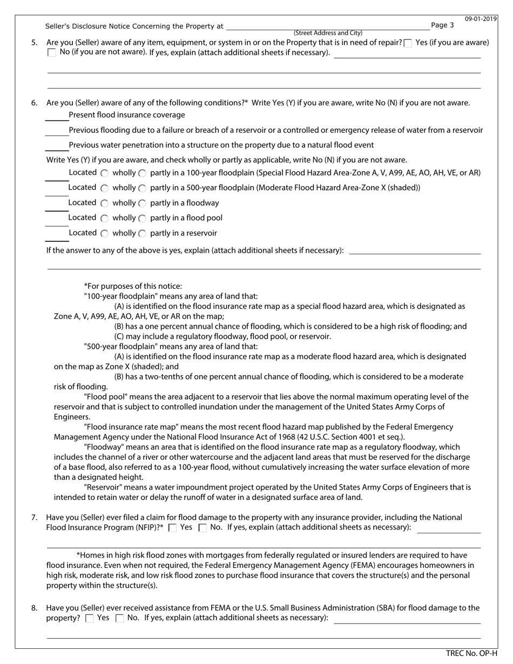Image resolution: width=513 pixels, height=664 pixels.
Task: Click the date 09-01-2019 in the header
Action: pos(481,19)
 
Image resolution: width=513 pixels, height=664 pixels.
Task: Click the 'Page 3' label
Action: pos(443,25)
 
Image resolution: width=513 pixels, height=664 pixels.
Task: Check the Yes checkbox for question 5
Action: pos(408,43)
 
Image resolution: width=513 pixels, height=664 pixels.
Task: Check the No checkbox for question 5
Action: pos(52,52)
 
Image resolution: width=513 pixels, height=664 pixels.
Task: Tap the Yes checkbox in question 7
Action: pos(173,528)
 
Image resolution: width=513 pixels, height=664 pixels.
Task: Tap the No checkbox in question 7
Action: pos(203,528)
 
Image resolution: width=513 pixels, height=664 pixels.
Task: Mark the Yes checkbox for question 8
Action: pos(90,618)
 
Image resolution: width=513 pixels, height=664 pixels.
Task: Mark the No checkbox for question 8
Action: pos(120,618)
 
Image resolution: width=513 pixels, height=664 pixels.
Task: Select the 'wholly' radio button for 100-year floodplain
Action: pos(105,173)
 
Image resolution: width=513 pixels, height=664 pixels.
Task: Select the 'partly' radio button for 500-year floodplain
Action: pos(142,188)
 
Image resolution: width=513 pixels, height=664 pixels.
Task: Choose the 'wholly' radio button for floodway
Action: pos(105,204)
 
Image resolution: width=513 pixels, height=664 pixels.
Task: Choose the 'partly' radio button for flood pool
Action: pos(142,219)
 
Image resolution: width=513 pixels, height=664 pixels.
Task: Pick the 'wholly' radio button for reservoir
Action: pos(105,234)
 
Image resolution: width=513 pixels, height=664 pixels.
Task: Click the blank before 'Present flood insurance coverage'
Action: pos(56,116)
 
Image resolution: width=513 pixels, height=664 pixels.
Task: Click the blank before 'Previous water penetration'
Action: pos(56,146)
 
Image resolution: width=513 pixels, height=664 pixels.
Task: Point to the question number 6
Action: pos(35,103)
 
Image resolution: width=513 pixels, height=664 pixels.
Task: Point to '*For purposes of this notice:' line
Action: pos(133,286)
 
